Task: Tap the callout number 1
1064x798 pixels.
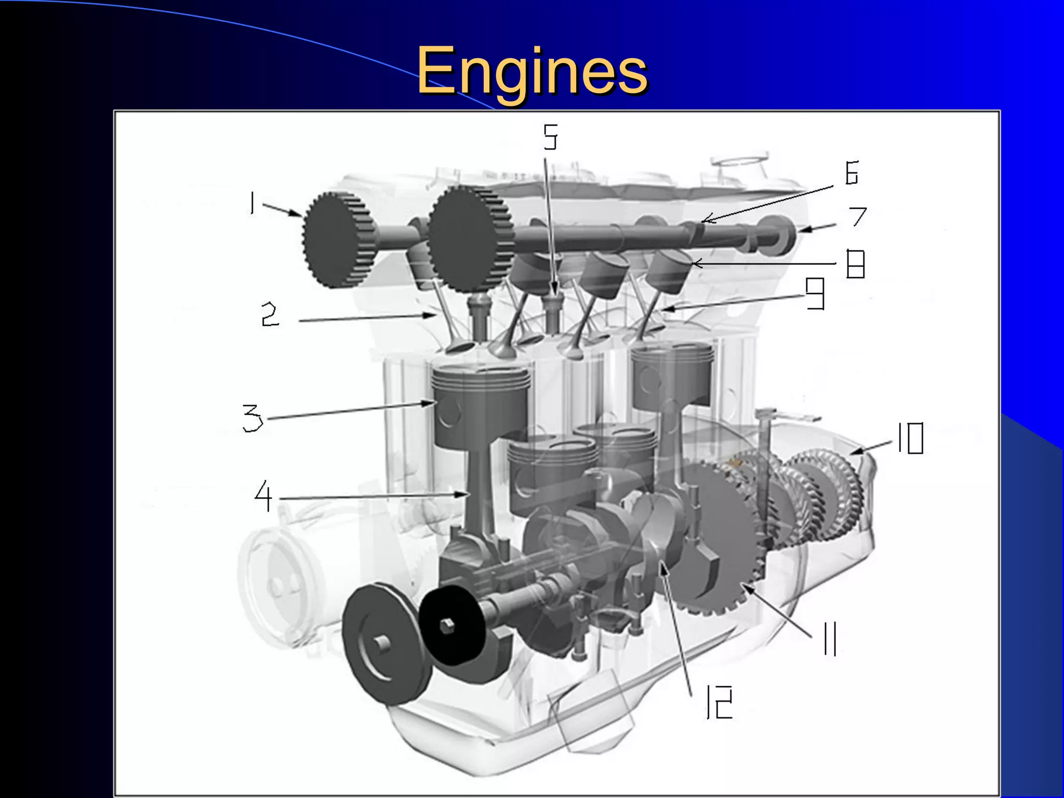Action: [252, 203]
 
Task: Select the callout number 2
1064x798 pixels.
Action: [270, 315]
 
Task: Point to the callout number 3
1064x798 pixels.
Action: [253, 418]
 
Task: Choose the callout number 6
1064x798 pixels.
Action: [852, 173]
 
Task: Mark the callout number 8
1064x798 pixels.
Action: [855, 264]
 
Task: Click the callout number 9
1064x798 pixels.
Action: [815, 293]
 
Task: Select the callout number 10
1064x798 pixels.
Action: [911, 438]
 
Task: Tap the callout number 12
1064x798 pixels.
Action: [720, 702]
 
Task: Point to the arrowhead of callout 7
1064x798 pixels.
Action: [803, 229]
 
